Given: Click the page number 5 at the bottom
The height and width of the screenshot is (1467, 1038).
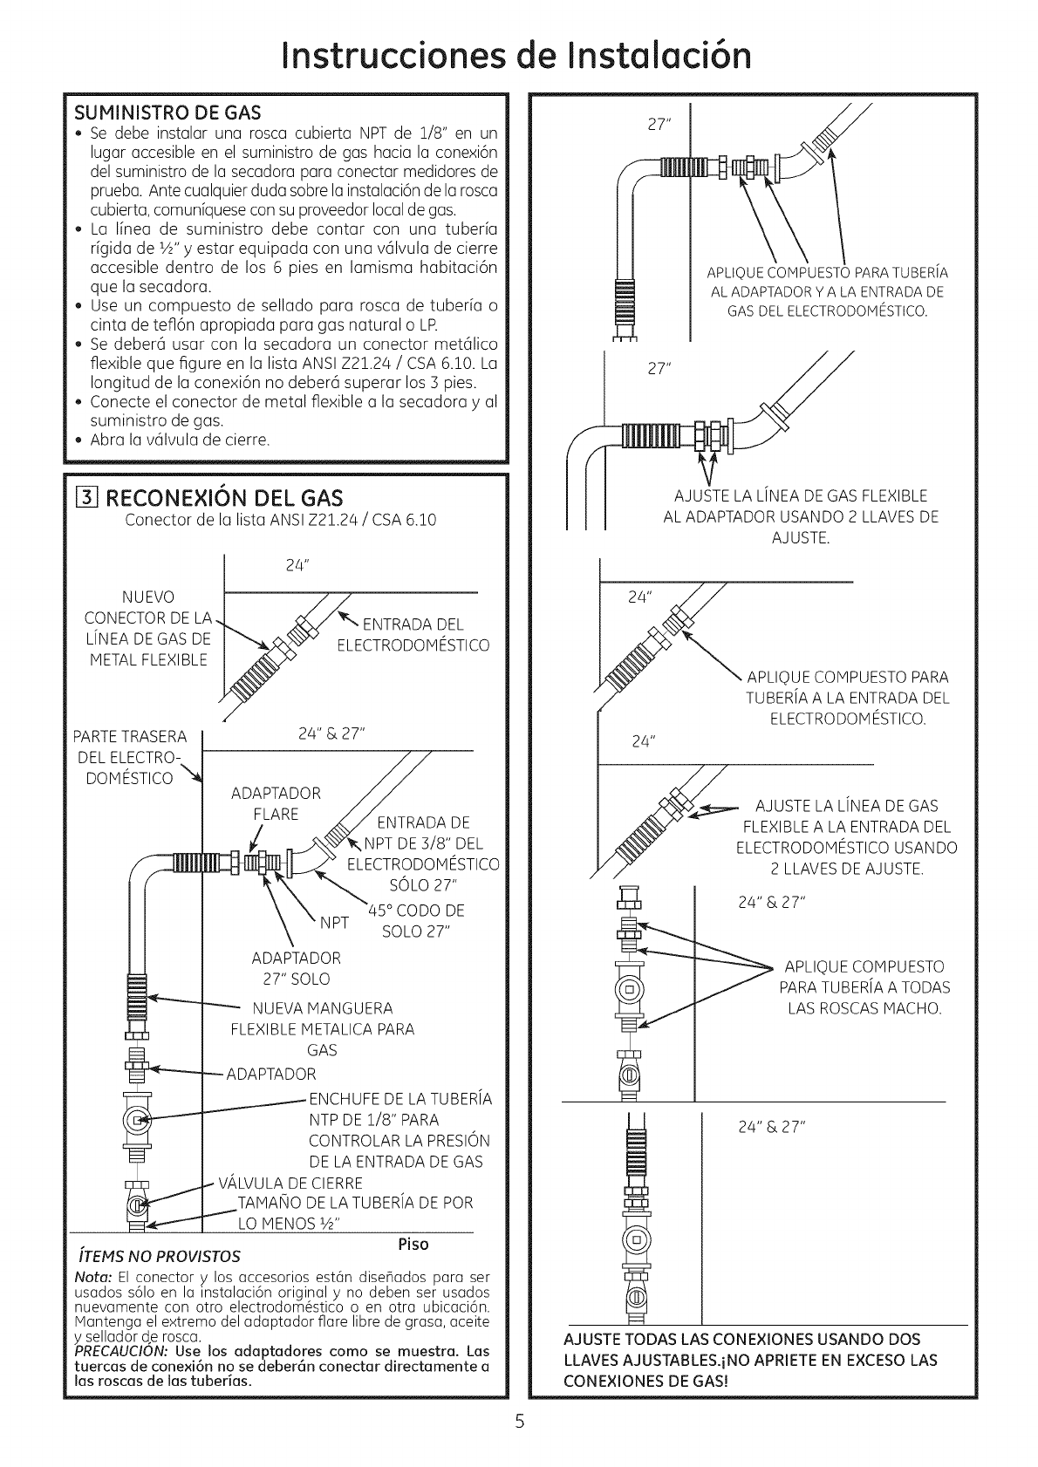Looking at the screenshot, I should [x=518, y=1423].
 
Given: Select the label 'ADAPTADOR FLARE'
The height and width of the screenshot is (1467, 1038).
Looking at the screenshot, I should [x=276, y=803].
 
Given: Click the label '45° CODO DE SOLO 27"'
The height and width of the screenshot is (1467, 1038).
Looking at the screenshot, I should [x=415, y=920].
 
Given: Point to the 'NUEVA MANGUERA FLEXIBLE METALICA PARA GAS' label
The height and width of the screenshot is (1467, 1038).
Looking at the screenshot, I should [x=323, y=1029].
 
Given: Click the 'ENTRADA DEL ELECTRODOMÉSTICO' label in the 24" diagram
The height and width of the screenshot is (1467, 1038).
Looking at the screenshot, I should [x=413, y=634].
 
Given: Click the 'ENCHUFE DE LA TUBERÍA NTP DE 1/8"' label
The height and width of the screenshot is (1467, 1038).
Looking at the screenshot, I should [x=399, y=1130].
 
